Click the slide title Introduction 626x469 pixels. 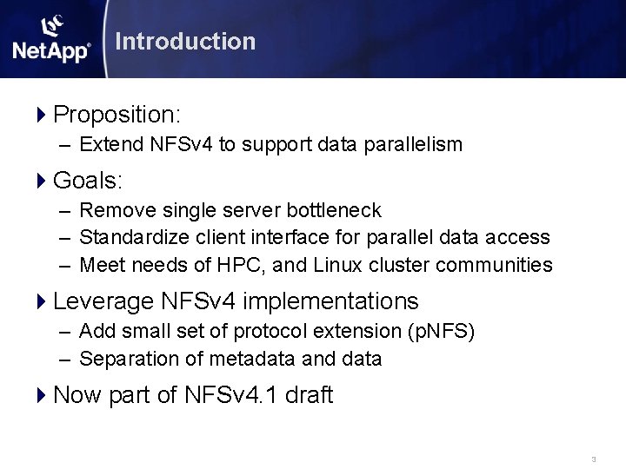point(184,41)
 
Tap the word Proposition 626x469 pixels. point(114,115)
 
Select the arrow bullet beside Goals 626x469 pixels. point(43,181)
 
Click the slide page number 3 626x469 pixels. point(593,459)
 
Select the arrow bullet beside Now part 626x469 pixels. point(43,395)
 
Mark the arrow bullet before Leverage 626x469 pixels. point(43,301)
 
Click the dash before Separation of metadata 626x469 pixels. point(66,358)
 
